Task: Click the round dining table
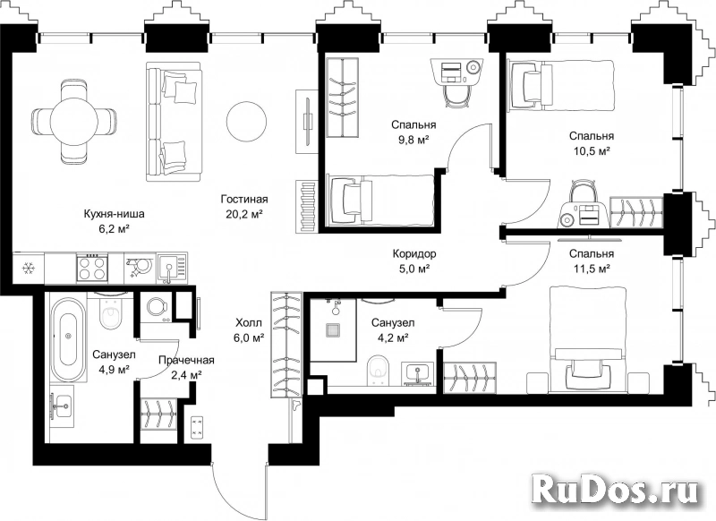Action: point(74,122)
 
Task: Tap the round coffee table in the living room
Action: point(247,121)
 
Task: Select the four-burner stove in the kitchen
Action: point(93,268)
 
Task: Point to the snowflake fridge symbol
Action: point(29,269)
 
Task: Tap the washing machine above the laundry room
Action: point(157,306)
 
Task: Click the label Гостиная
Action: point(244,199)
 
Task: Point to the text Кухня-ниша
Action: point(115,213)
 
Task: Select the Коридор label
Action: point(414,253)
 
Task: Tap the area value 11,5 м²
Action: point(592,269)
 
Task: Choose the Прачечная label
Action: point(186,360)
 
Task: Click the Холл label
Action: point(249,323)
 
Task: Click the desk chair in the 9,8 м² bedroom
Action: point(456,97)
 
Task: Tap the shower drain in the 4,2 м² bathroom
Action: point(334,330)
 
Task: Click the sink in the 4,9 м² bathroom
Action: point(62,406)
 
